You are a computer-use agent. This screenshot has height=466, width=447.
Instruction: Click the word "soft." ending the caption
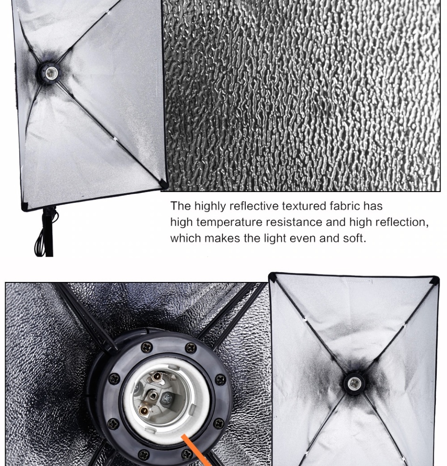pyautogui.click(x=355, y=238)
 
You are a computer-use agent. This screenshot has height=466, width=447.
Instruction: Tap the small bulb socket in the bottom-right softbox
pyautogui.click(x=354, y=383)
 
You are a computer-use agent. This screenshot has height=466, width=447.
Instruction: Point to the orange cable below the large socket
pyautogui.click(x=196, y=450)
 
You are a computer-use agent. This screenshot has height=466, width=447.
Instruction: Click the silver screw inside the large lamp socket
pyautogui.click(x=166, y=397)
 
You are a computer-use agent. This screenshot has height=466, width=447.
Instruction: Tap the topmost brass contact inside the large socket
pyautogui.click(x=156, y=377)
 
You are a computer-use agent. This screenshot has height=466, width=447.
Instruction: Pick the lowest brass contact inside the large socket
pyautogui.click(x=144, y=411)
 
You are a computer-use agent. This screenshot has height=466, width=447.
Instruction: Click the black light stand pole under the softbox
pyautogui.click(x=48, y=232)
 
